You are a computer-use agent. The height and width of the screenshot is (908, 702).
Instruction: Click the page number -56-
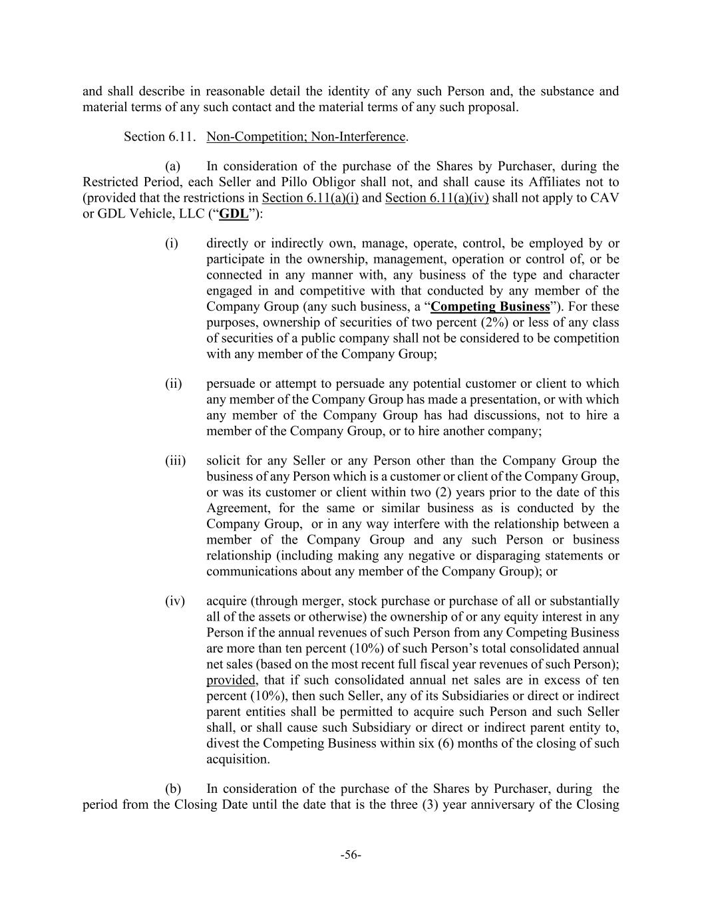[x=351, y=855]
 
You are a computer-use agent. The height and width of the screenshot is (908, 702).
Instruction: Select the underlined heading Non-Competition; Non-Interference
[x=305, y=136]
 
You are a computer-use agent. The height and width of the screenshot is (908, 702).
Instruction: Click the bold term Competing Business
[x=491, y=307]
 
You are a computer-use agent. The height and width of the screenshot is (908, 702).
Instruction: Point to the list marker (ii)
[x=174, y=384]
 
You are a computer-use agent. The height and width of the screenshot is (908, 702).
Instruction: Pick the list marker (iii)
[x=176, y=461]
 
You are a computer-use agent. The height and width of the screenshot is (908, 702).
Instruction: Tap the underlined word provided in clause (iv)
[x=231, y=680]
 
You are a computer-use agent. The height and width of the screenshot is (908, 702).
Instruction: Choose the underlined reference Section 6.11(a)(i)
[x=310, y=198]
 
